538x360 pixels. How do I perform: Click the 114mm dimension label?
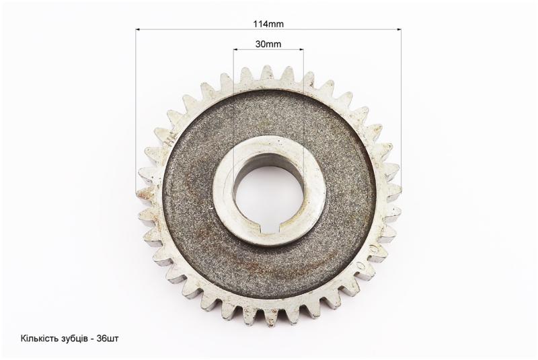coord(268,24)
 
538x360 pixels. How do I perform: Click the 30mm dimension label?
coord(268,44)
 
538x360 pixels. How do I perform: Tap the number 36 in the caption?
coord(102,338)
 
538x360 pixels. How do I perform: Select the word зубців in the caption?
coord(72,338)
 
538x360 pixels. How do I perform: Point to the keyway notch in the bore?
coord(268,227)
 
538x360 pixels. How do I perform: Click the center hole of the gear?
coord(268,194)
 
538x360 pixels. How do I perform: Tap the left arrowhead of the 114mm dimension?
coord(138,30)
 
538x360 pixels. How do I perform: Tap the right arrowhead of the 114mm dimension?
coord(399,30)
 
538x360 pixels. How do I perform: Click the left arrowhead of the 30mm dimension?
coord(235,49)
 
